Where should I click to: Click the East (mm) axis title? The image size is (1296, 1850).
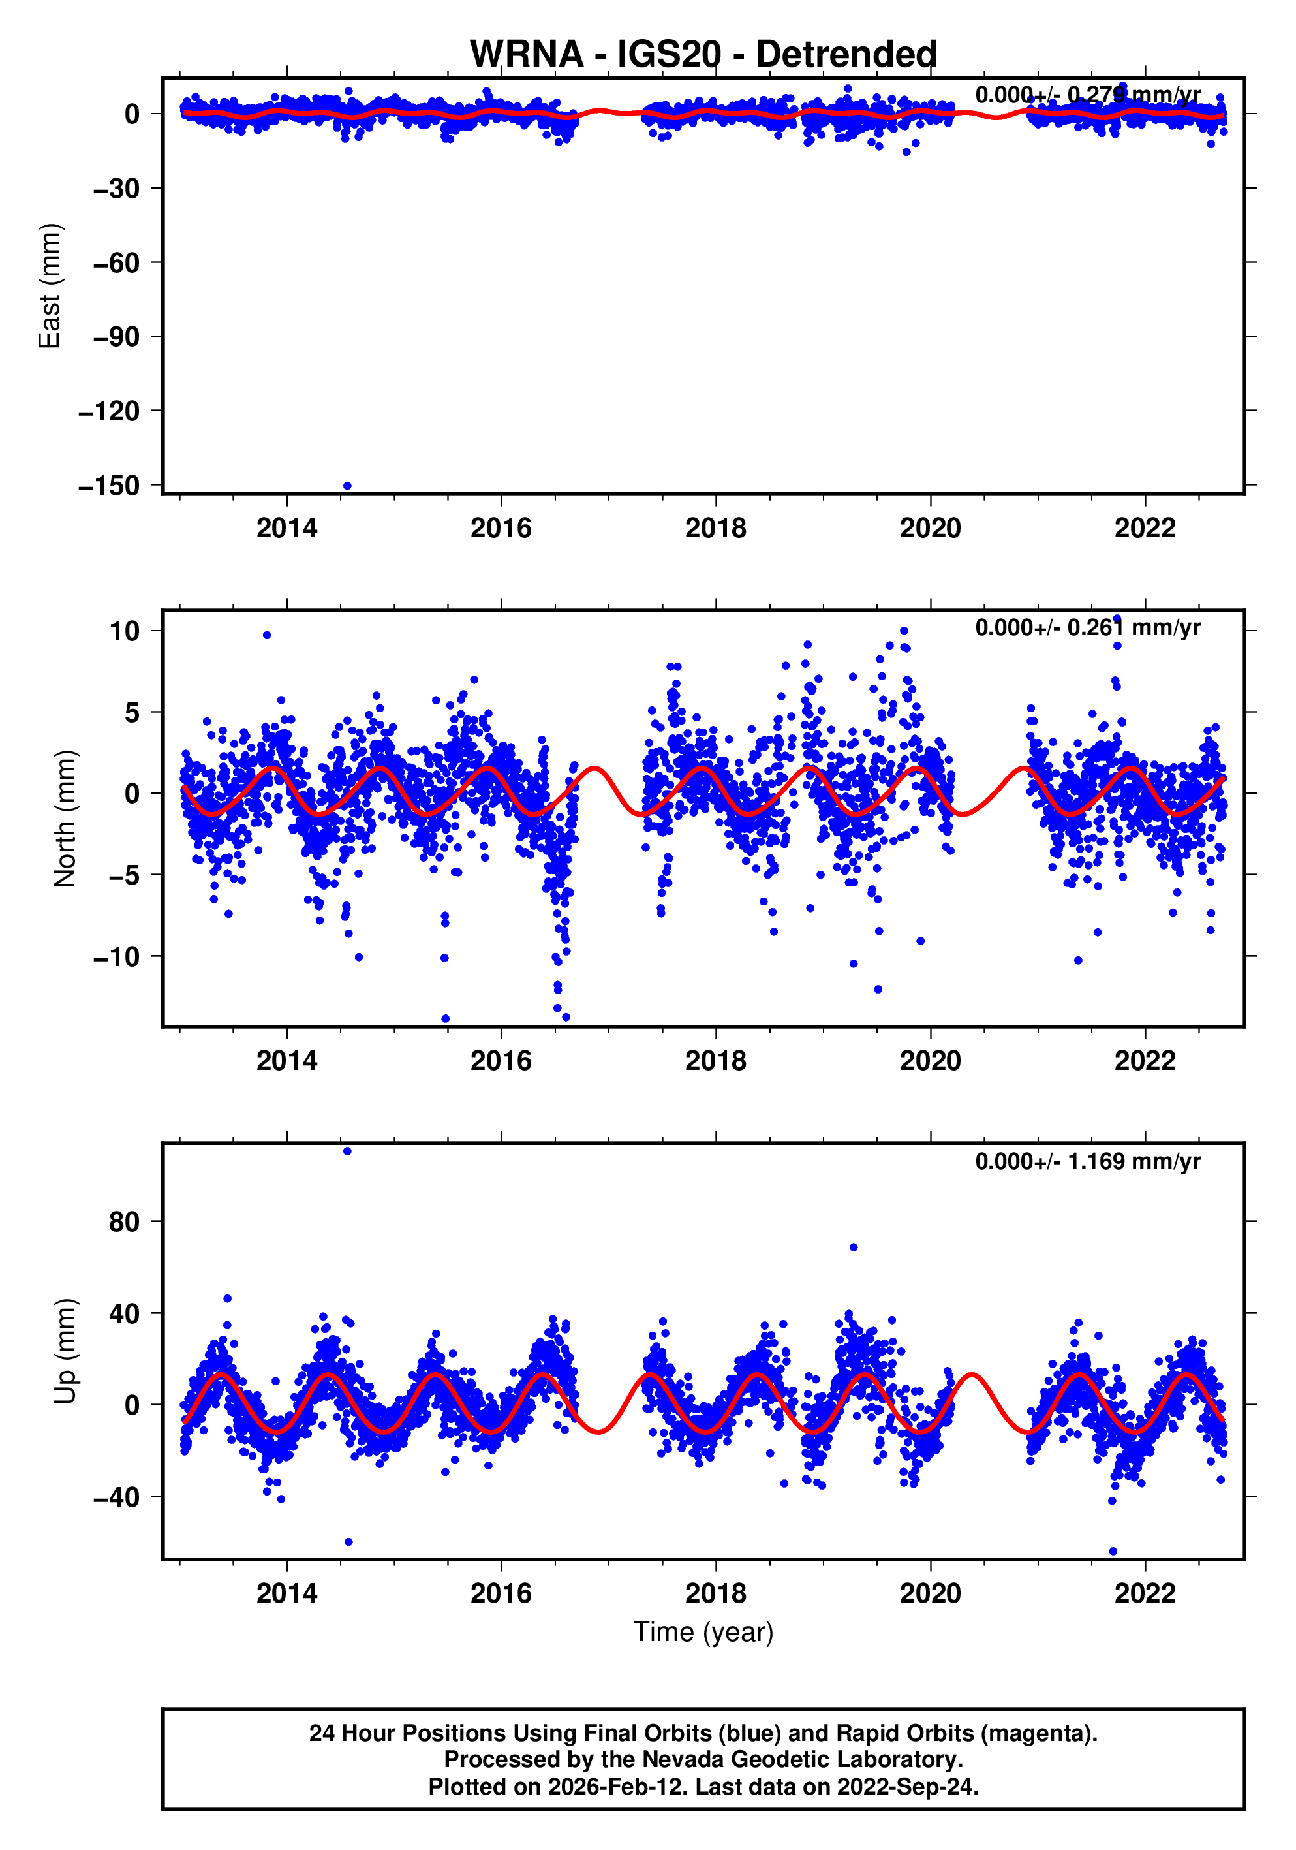point(50,286)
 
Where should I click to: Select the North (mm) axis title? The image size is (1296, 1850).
point(65,819)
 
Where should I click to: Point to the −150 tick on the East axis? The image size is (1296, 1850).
point(110,486)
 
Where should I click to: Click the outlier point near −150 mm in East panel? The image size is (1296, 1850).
point(347,486)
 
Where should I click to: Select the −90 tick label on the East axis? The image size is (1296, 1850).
point(116,337)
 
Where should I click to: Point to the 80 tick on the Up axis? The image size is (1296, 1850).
point(125,1222)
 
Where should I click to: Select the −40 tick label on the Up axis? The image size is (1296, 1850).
point(116,1497)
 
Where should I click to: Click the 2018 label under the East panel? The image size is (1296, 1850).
point(715,529)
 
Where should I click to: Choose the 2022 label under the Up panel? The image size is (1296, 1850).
point(1145,1593)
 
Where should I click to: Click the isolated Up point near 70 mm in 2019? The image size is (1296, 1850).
point(853,1247)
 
